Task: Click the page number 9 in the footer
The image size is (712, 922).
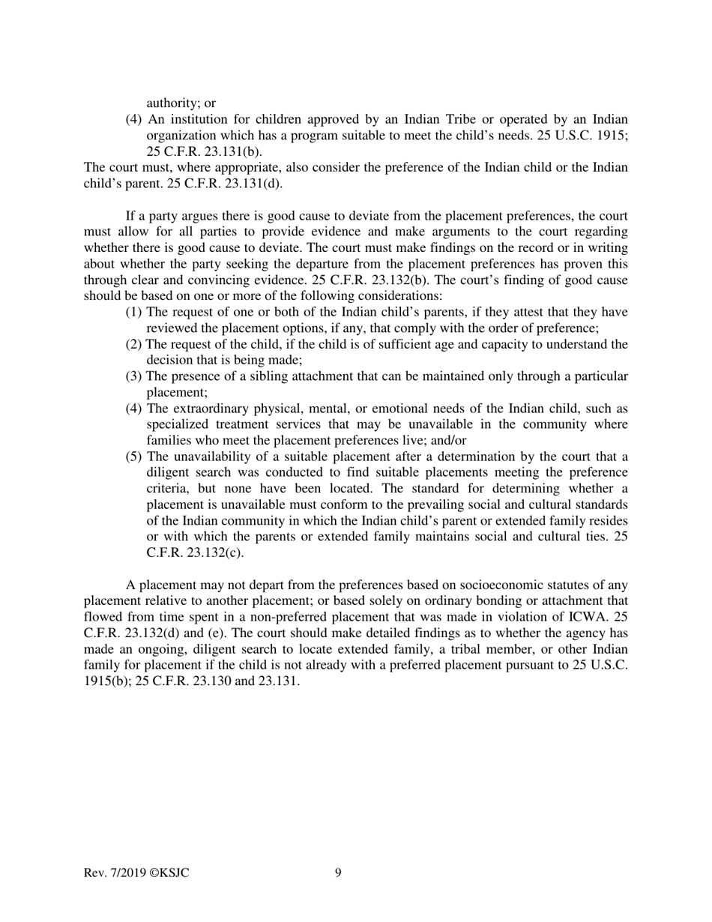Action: (x=338, y=872)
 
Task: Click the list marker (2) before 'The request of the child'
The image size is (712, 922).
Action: (x=133, y=344)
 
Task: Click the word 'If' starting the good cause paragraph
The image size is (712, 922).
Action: (x=131, y=216)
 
